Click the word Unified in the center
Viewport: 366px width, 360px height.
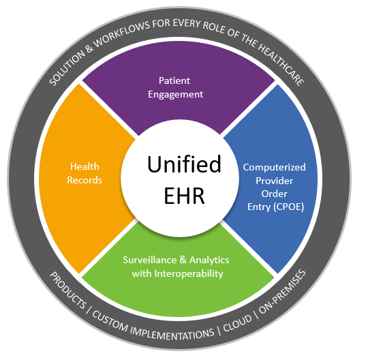pyautogui.click(x=184, y=164)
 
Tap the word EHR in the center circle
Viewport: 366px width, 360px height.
pyautogui.click(x=184, y=196)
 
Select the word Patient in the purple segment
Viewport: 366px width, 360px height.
pyautogui.click(x=174, y=80)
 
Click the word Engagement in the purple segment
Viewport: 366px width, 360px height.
pyautogui.click(x=175, y=95)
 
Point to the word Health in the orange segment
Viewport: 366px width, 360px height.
pyautogui.click(x=85, y=166)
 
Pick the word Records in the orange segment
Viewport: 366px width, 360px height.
pyautogui.click(x=85, y=180)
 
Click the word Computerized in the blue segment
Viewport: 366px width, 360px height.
pyautogui.click(x=274, y=168)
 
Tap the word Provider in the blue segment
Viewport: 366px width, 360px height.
pyautogui.click(x=274, y=181)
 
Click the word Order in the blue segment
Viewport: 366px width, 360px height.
pyautogui.click(x=274, y=194)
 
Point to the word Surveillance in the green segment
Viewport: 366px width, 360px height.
pyautogui.click(x=150, y=260)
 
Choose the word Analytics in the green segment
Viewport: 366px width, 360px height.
pyautogui.click(x=209, y=260)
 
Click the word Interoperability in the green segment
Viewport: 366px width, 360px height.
pyautogui.click(x=189, y=274)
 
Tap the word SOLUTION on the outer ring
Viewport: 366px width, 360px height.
pyautogui.click(x=67, y=67)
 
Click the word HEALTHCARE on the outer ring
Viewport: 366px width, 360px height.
pyautogui.click(x=282, y=62)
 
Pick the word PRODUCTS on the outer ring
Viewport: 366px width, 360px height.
pyautogui.click(x=68, y=290)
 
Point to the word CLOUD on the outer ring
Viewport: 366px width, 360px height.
pyautogui.click(x=237, y=323)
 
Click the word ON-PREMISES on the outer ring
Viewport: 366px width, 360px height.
pyautogui.click(x=282, y=292)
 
